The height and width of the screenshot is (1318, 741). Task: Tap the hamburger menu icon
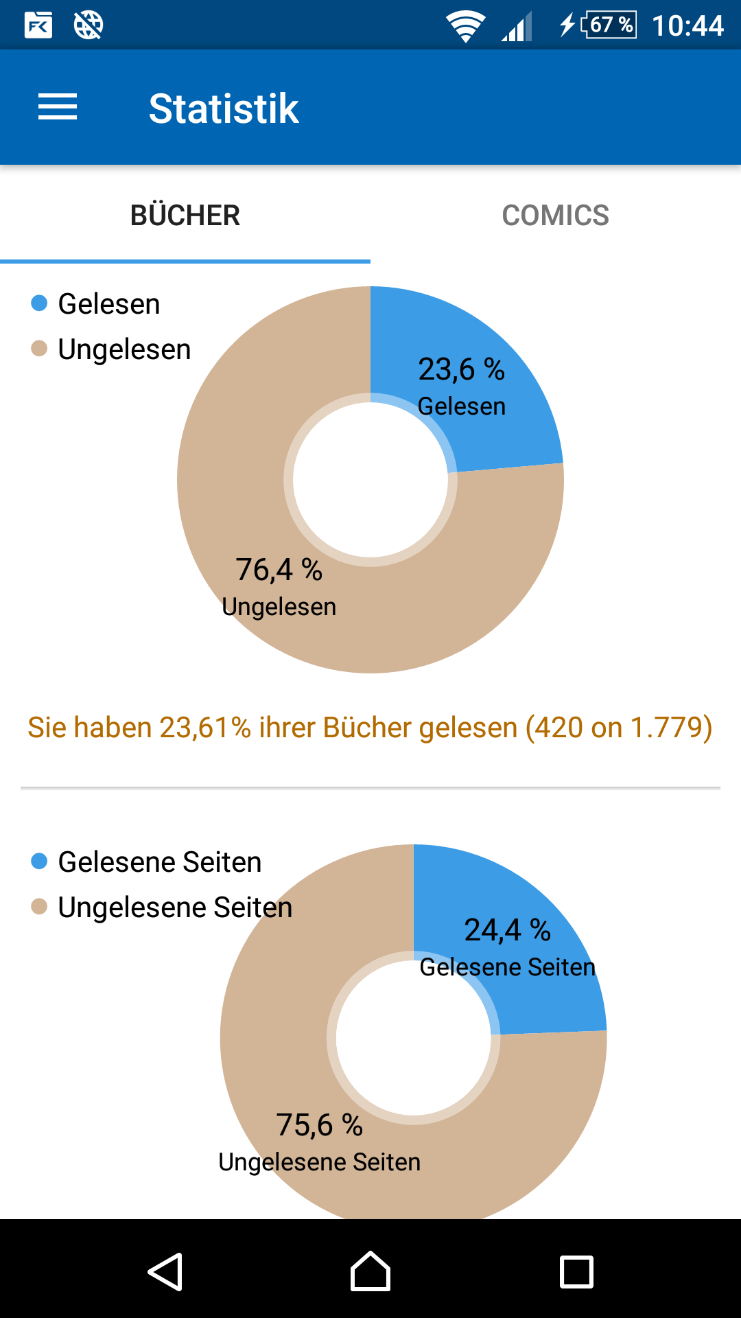(x=58, y=108)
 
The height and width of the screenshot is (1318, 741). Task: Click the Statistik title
(x=224, y=108)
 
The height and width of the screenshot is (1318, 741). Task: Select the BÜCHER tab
(x=185, y=216)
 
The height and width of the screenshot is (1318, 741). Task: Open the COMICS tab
(x=555, y=216)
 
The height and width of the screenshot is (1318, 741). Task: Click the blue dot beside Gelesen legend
(x=39, y=303)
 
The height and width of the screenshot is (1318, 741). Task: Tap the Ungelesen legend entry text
(x=124, y=349)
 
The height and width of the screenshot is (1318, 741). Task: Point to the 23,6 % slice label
(x=461, y=370)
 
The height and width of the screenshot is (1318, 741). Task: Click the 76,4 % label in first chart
(x=279, y=570)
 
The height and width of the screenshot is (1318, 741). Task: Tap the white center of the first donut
(x=370, y=480)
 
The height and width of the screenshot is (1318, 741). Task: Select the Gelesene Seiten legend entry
(x=159, y=862)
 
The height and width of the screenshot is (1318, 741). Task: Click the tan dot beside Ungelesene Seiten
(x=39, y=907)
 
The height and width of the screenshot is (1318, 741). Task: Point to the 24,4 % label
(x=507, y=931)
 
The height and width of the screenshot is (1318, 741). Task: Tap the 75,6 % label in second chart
(x=319, y=1125)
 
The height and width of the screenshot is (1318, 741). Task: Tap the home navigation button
(x=370, y=1272)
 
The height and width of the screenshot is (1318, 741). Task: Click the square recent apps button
(x=576, y=1272)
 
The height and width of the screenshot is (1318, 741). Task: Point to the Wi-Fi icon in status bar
(x=466, y=26)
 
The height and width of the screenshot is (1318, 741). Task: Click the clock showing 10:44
(x=687, y=26)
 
